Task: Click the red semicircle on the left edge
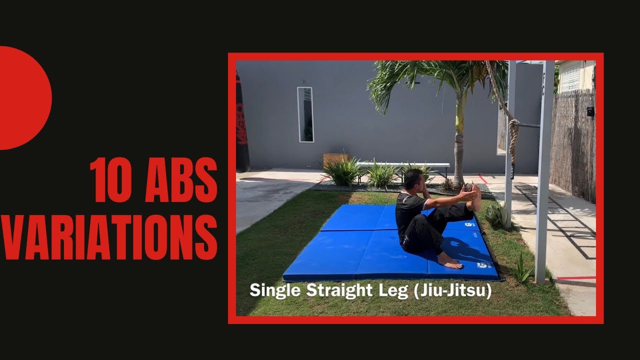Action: point(22,98)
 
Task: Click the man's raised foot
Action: point(475,197)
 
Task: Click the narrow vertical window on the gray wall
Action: point(305,114)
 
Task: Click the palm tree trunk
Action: point(458,145)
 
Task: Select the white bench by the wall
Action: point(402,165)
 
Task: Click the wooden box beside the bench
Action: point(334,159)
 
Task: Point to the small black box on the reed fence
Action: point(590,111)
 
